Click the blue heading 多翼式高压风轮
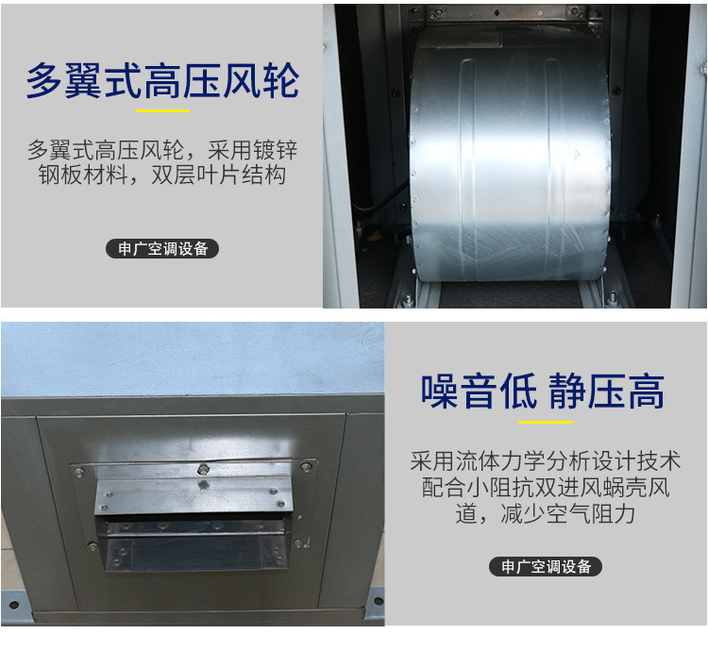[x=162, y=81]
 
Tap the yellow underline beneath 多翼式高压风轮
[x=162, y=110]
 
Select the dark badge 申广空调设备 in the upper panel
[x=162, y=248]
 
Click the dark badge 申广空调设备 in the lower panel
[x=546, y=566]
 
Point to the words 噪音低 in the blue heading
[x=479, y=392]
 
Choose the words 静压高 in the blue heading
[x=606, y=392]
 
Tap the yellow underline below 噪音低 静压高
[x=546, y=423]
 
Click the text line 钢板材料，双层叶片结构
[x=162, y=175]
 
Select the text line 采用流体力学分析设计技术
[x=546, y=460]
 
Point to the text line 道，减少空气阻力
[x=546, y=513]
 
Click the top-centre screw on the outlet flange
[x=203, y=469]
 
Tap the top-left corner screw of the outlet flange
[x=79, y=473]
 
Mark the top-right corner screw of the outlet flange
[x=306, y=466]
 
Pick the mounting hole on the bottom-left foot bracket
[x=13, y=605]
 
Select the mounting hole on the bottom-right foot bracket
[x=378, y=600]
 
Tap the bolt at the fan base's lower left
[x=407, y=300]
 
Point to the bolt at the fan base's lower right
[x=613, y=298]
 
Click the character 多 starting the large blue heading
[x=44, y=81]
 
